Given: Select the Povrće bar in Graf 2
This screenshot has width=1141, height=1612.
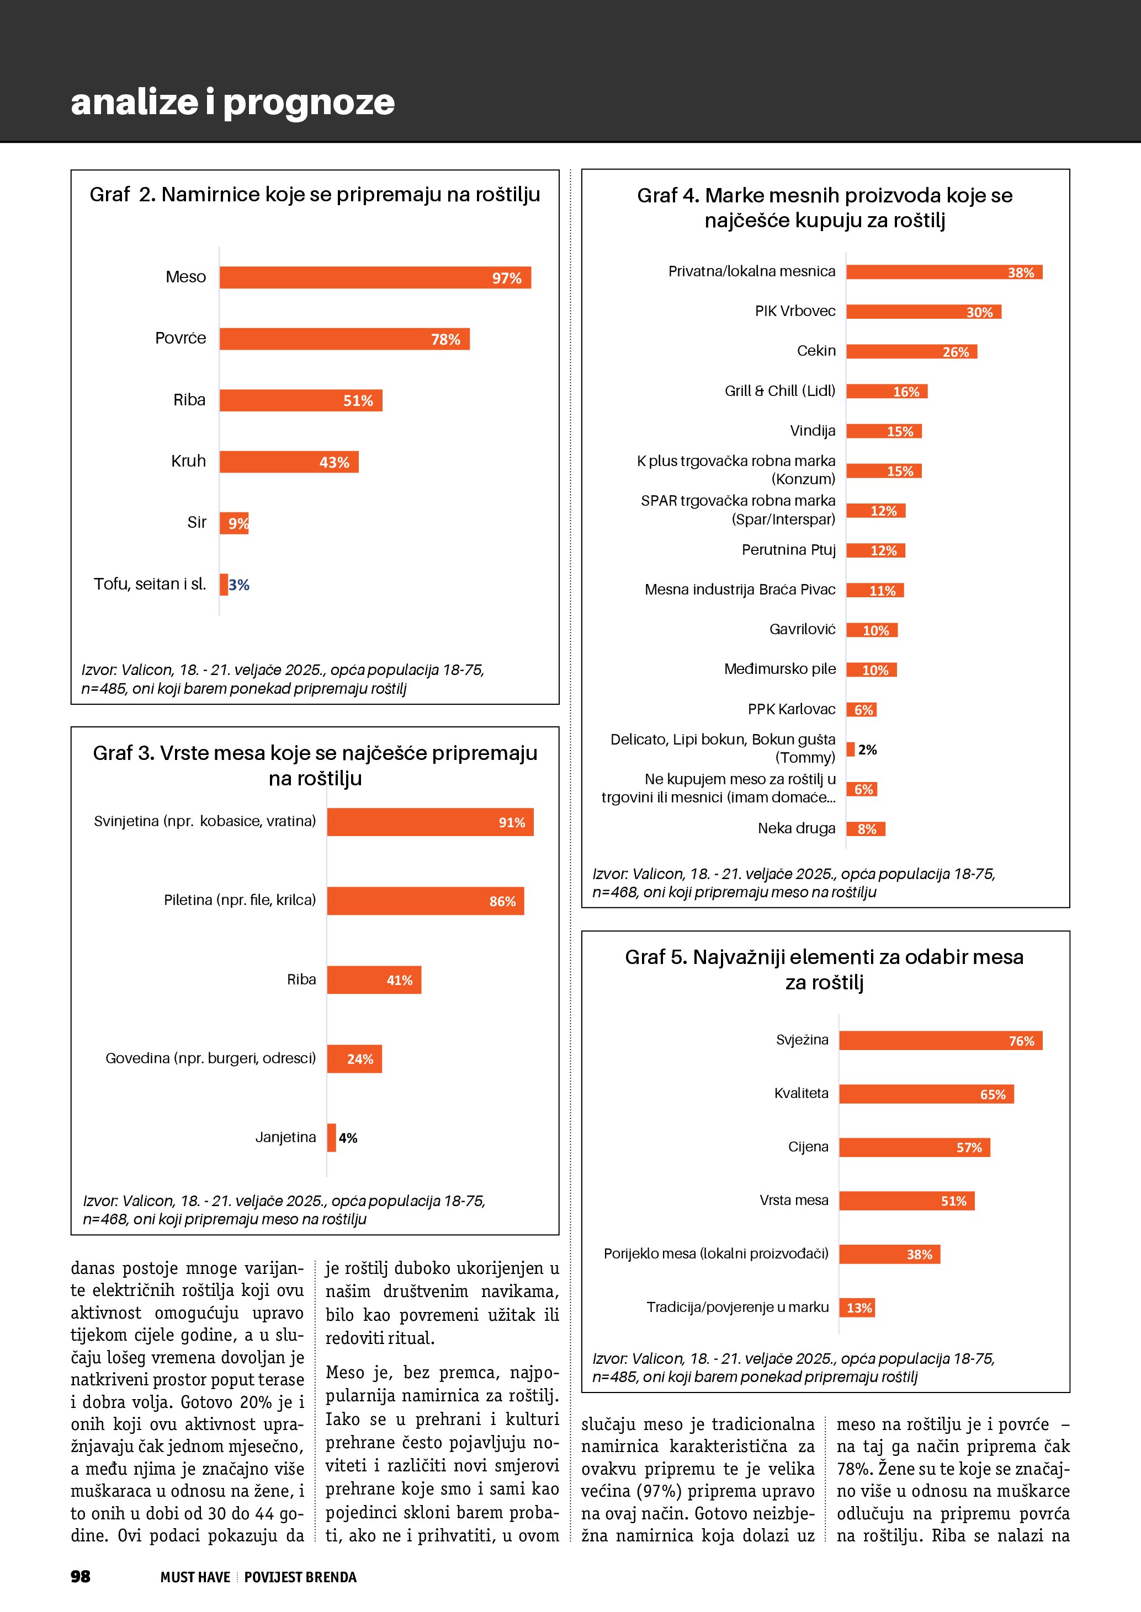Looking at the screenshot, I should pos(344,339).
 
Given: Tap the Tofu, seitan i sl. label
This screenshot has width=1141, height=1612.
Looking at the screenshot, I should pos(150,584).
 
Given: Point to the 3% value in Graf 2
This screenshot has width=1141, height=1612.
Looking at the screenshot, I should pos(239,585).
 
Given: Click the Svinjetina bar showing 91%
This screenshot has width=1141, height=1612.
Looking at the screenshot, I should pos(430,822).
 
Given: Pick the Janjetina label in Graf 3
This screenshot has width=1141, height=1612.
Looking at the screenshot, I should pos(285,1137).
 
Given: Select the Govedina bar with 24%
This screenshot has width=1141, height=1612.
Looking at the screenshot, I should pos(354,1059).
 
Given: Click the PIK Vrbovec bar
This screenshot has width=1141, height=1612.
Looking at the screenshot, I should pos(923,312).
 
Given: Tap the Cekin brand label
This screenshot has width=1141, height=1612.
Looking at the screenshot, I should pos(816,351).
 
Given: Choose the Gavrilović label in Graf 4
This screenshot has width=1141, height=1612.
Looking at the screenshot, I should pos(803,630).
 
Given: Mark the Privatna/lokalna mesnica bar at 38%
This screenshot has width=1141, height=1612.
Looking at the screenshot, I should pos(943,272).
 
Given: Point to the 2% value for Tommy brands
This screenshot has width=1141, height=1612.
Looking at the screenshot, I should pos(868,750).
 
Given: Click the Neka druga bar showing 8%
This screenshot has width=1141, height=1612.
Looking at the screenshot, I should pos(866,829).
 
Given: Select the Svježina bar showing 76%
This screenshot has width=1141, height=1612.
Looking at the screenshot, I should pos(940,1041).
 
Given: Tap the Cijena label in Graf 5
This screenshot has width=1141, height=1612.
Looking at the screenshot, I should pos(808,1147).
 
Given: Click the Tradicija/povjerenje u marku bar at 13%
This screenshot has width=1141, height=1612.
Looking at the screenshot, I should pos(857,1308).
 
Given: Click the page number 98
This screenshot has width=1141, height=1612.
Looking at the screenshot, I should pos(81,1577).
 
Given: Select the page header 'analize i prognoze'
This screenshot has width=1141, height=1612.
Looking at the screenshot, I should pos(232,103).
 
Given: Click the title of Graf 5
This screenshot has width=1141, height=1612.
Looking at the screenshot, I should pos(824,970).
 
